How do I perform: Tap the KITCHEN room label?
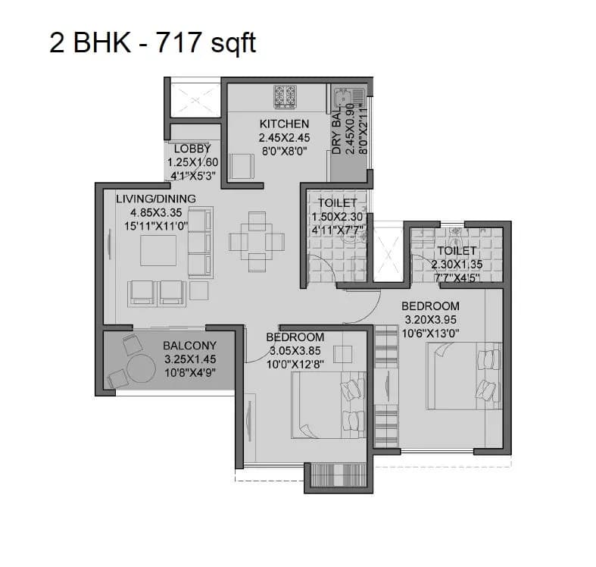(x=284, y=124)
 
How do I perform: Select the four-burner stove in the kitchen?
(x=285, y=95)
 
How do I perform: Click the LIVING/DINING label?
(x=155, y=199)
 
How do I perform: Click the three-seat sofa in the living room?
(x=199, y=243)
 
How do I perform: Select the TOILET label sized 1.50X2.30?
(x=337, y=203)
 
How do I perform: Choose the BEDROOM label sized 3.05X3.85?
(x=295, y=337)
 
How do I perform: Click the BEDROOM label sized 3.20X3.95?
(x=432, y=305)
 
